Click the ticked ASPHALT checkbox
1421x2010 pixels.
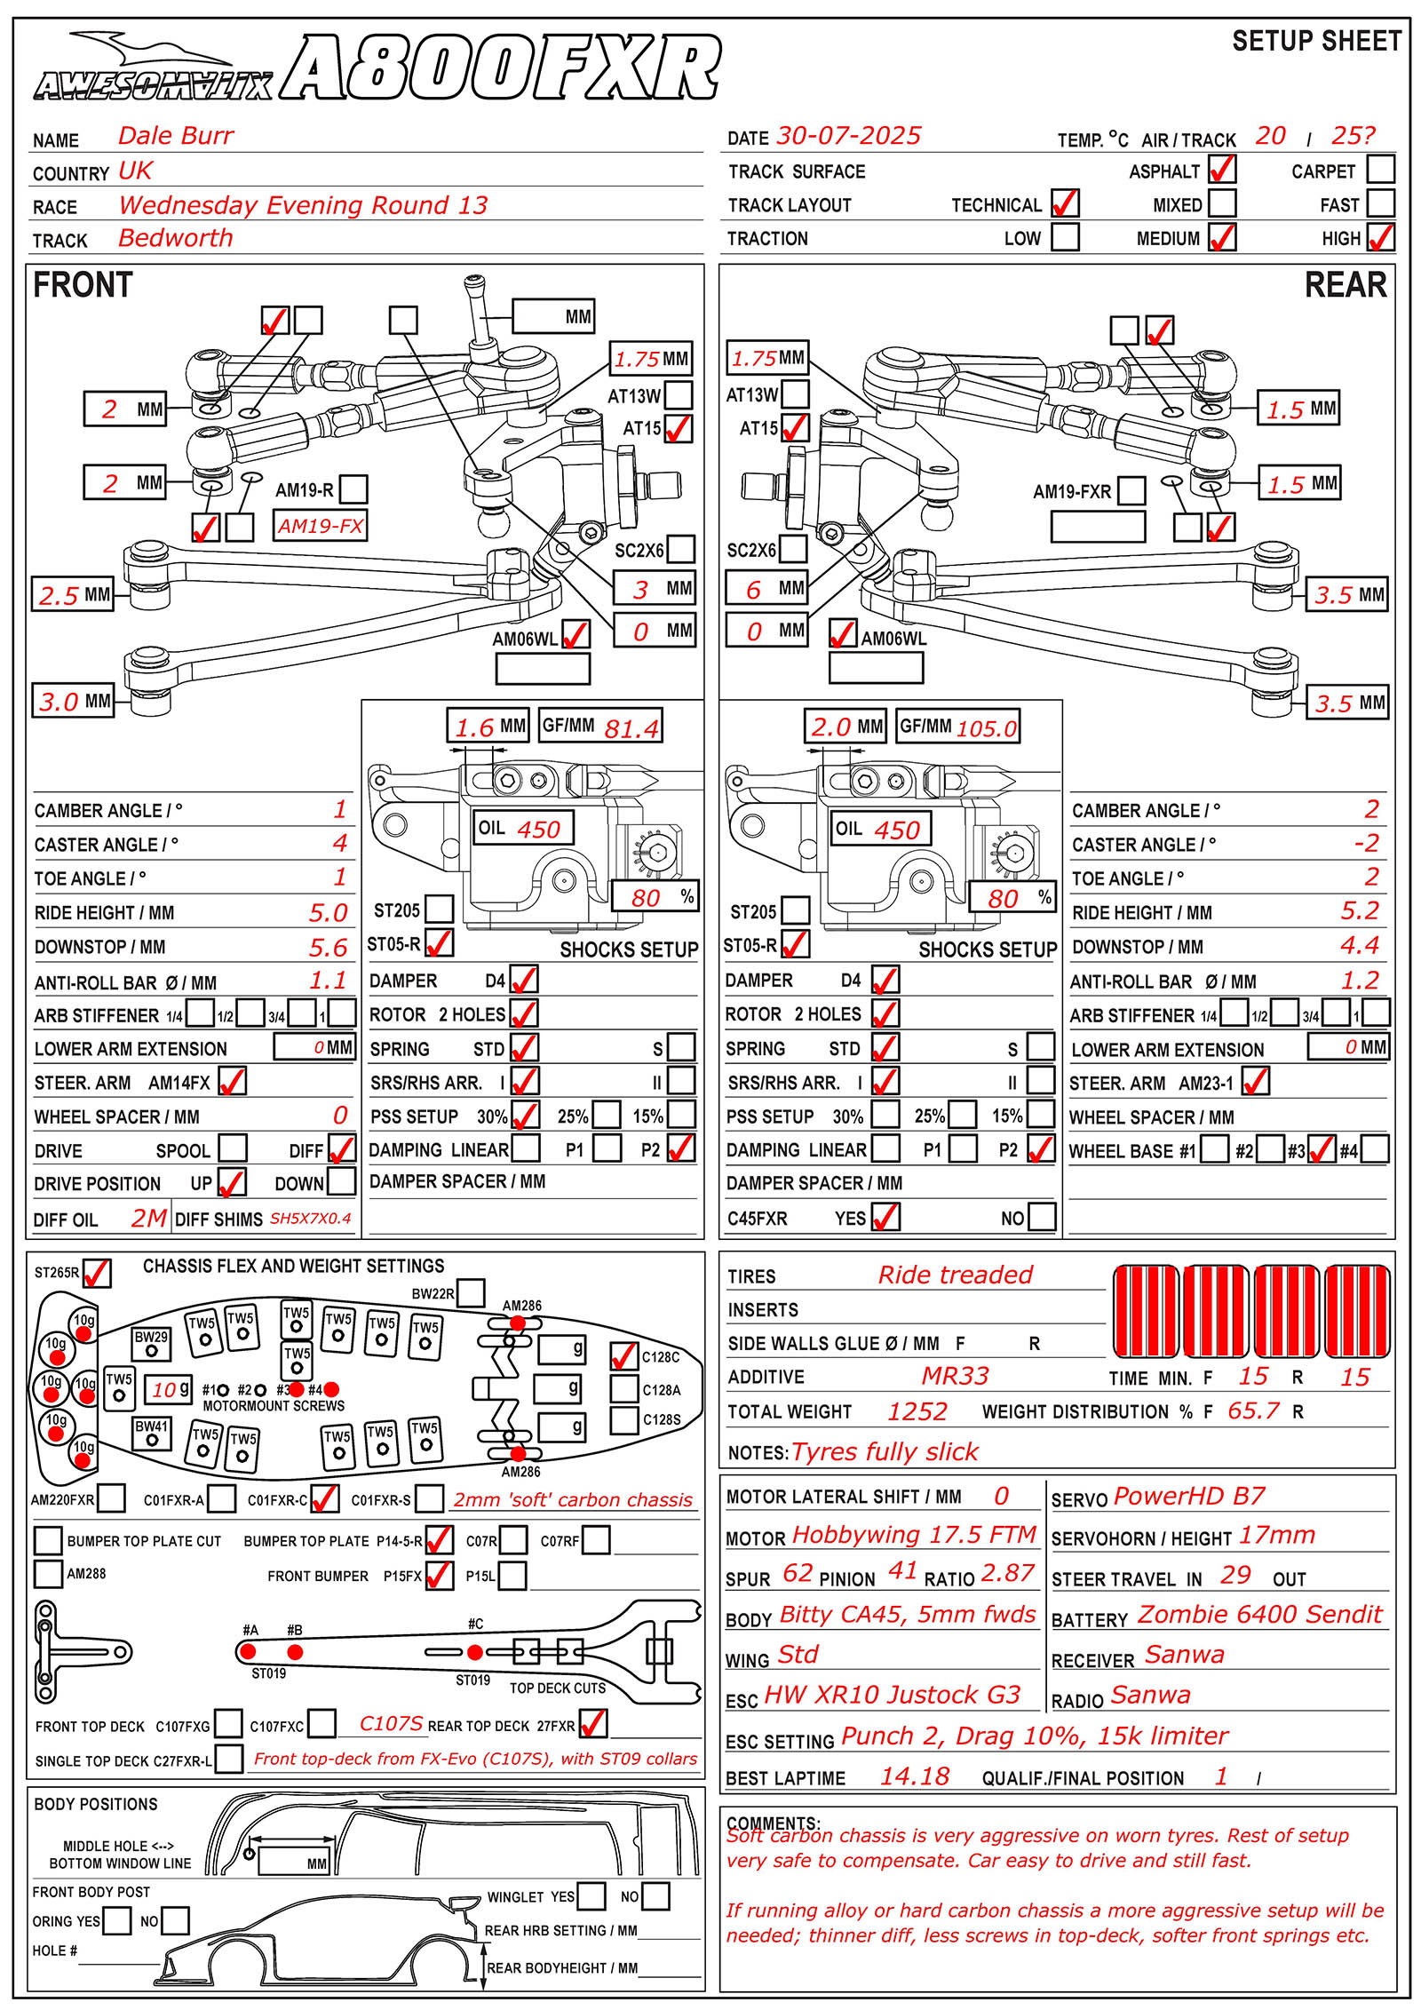click(1222, 169)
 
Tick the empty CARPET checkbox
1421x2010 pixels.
click(1381, 169)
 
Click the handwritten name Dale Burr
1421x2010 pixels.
click(176, 136)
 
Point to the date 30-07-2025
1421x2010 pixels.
click(849, 136)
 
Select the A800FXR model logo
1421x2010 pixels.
click(500, 68)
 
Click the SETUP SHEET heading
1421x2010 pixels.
click(1317, 41)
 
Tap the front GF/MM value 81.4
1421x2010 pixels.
click(631, 729)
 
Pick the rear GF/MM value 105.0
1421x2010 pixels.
click(986, 729)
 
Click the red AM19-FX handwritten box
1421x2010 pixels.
click(320, 525)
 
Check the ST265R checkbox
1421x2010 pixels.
click(96, 1273)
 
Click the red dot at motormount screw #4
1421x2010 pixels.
click(332, 1389)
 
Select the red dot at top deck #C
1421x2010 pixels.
click(475, 1652)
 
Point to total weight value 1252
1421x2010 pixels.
click(917, 1411)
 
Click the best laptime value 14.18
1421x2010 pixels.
click(915, 1776)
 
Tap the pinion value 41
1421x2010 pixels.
click(902, 1570)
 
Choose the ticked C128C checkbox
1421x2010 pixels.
click(624, 1356)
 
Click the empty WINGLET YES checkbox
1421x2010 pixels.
click(591, 1896)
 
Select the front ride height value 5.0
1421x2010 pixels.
click(328, 912)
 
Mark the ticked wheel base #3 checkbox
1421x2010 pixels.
click(1322, 1150)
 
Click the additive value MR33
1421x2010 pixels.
click(955, 1376)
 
